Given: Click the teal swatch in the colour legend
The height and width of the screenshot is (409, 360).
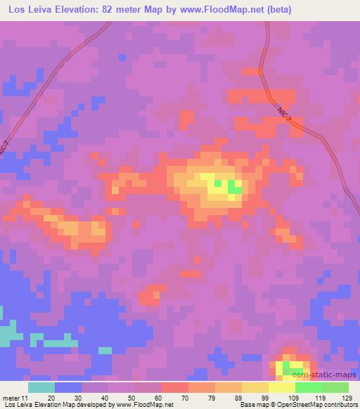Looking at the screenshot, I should point(41,387).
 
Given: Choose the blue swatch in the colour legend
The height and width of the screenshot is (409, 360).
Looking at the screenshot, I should point(68,387).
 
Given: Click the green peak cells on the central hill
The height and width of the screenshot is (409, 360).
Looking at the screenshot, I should point(234,188).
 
